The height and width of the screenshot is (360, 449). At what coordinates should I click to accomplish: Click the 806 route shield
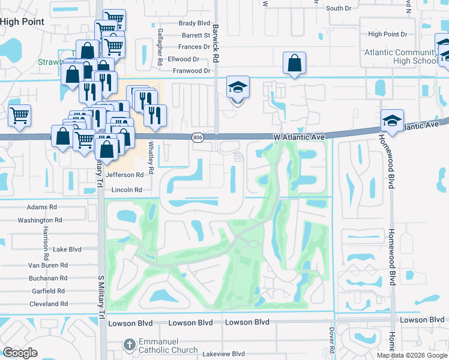197,138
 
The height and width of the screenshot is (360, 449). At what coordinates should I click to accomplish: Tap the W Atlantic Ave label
300,137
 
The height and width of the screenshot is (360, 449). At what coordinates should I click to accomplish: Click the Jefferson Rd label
125,175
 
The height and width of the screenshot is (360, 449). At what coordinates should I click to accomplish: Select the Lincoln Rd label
126,190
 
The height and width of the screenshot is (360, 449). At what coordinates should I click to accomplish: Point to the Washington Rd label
40,220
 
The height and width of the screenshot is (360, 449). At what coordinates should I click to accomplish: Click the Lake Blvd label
67,249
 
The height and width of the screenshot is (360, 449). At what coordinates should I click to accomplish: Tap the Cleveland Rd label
49,304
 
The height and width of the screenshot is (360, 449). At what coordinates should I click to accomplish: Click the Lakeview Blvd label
223,354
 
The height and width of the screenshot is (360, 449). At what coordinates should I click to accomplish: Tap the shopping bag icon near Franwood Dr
294,63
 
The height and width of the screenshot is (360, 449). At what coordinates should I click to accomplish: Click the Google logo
20,352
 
